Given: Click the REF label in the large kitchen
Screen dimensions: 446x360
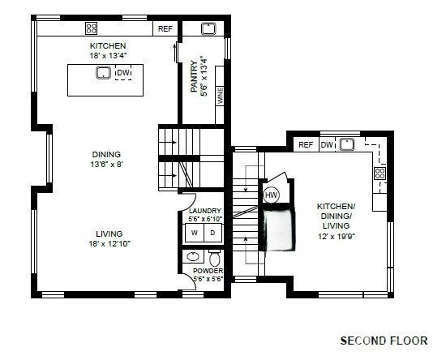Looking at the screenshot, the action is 165,28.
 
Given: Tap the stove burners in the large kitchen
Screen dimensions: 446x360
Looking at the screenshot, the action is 92,28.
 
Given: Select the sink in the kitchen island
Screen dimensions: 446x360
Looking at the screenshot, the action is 103,72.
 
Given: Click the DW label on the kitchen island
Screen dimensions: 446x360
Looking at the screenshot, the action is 123,72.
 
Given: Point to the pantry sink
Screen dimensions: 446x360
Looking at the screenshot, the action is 208,28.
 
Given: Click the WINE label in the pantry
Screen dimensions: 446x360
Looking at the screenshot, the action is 221,96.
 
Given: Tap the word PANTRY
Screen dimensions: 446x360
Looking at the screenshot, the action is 194,76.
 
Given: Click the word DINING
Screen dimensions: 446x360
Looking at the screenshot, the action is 106,154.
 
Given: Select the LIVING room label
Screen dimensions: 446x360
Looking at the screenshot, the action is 109,234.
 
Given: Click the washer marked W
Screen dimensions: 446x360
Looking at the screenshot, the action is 195,233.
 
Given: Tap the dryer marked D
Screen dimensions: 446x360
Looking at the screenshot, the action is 212,233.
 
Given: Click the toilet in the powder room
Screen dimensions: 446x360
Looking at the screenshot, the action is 214,258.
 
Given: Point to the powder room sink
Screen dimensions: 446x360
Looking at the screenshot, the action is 193,257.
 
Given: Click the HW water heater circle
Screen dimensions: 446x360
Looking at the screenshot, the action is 271,195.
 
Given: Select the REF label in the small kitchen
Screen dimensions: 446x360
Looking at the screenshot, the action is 306,145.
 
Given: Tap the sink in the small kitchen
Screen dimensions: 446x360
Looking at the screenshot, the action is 347,144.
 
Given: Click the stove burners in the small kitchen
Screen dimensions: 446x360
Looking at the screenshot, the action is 380,174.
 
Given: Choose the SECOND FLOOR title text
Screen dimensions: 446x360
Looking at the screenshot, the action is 384,341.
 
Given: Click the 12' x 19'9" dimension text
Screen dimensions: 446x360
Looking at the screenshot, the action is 337,236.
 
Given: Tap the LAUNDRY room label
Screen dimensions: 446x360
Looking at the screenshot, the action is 205,211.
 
